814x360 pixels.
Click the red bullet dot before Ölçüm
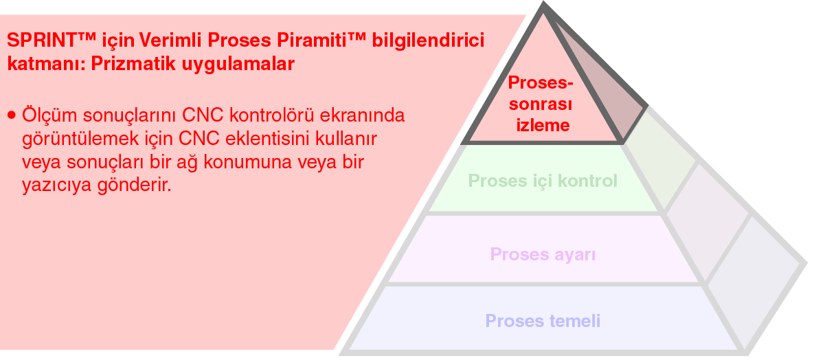tap(12, 115)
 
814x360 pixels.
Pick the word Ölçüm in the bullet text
tap(48, 115)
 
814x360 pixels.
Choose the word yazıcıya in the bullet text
tap(57, 185)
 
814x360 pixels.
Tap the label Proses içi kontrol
tap(543, 181)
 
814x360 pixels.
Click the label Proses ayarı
tap(543, 255)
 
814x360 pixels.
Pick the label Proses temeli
tap(543, 321)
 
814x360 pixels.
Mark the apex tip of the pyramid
tap(543, 2)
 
